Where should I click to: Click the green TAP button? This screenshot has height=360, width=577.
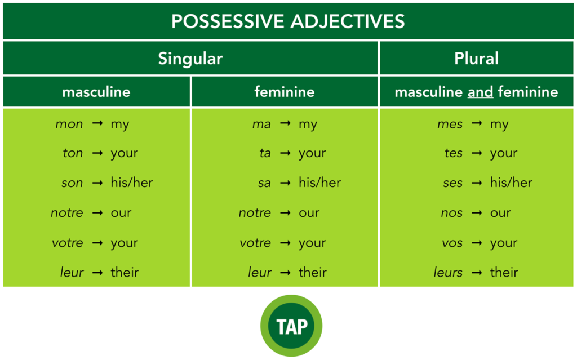[291, 326]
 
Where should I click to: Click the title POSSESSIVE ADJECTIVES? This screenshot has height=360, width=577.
[288, 21]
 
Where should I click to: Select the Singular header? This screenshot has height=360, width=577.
[190, 59]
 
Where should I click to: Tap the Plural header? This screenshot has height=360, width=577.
[476, 59]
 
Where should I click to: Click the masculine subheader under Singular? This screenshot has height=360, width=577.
[96, 92]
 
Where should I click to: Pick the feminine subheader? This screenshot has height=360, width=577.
[284, 92]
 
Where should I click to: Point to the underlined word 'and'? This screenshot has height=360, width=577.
[480, 92]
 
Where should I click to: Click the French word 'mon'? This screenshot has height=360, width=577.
[69, 124]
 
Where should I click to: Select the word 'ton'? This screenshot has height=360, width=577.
[73, 153]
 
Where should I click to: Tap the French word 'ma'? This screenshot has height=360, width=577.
[261, 124]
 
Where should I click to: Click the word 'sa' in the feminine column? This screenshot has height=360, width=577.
[264, 183]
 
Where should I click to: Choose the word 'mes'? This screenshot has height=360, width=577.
[450, 124]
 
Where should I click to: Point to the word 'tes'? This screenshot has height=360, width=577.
[453, 153]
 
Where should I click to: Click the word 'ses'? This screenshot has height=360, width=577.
[452, 183]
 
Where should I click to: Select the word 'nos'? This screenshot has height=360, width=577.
[452, 213]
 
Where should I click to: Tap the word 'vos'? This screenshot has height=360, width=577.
[452, 243]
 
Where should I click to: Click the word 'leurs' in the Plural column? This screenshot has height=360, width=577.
[448, 273]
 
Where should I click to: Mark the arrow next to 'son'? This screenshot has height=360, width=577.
[97, 183]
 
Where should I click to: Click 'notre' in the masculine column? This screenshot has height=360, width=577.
[66, 213]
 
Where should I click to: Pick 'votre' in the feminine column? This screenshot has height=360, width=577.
[255, 243]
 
